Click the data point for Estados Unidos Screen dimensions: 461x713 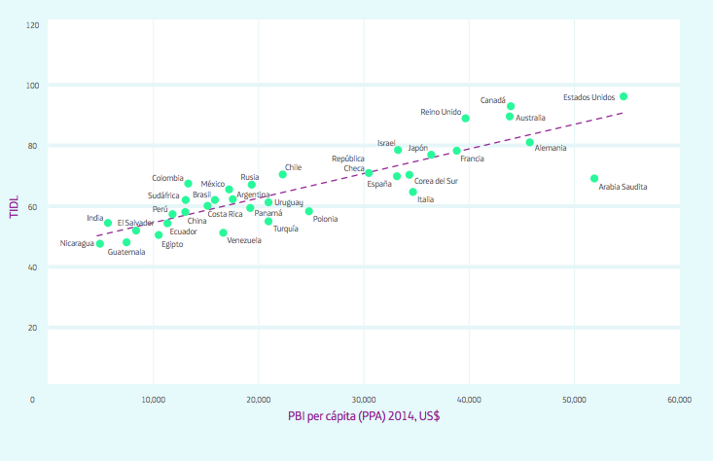tap(624, 96)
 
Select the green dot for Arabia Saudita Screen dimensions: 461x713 tap(594, 178)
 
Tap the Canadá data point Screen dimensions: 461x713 tap(511, 106)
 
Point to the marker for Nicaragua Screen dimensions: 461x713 tap(100, 243)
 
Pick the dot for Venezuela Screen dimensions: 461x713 tap(223, 232)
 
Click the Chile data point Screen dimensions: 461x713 tap(283, 174)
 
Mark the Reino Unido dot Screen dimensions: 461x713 tap(466, 118)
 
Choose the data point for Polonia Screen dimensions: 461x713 tap(309, 211)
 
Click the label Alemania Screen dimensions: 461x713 tap(551, 148)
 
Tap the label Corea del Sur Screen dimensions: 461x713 tap(436, 181)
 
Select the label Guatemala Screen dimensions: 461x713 tap(126, 252)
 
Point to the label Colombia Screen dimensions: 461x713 tap(167, 178)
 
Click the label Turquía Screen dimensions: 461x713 tap(286, 229)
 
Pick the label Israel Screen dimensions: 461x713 tap(386, 143)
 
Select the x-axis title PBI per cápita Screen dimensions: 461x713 tap(365, 417)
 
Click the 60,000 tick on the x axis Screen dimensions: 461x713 tap(679, 400)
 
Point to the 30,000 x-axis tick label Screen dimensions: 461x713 tap(363, 400)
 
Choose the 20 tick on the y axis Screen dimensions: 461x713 tap(34, 328)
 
